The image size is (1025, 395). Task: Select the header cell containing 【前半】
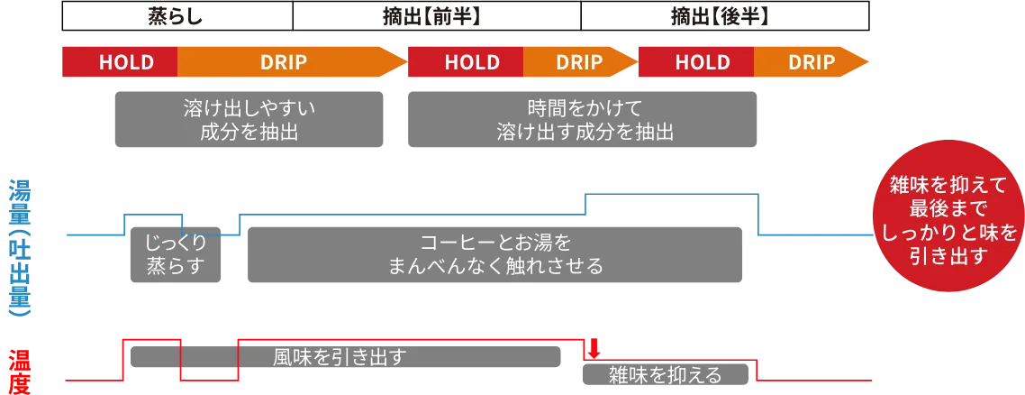coord(437,15)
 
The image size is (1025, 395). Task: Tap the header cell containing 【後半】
coord(725,15)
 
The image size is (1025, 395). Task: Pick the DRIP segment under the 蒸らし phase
coord(284,62)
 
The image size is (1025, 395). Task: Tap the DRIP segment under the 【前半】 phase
coord(578,62)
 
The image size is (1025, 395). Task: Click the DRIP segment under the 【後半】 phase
coord(811,62)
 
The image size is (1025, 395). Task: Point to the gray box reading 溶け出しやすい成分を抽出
coord(249,120)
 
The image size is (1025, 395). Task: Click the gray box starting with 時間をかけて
coord(585,120)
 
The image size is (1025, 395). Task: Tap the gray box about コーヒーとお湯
coord(495,254)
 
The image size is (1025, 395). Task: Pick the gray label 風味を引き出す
coord(339,356)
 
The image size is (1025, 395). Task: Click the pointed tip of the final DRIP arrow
coord(868,62)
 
